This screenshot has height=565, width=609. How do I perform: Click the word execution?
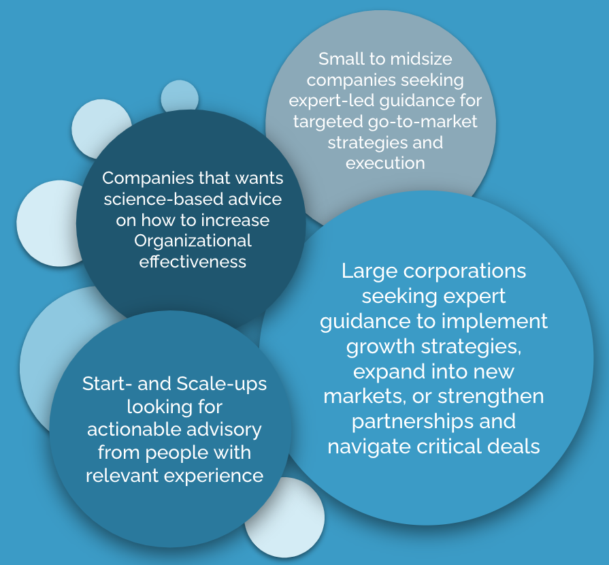(385, 163)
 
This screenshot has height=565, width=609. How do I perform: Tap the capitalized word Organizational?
(193, 242)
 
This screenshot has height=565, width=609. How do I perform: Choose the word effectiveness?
(193, 262)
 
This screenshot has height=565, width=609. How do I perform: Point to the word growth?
(381, 346)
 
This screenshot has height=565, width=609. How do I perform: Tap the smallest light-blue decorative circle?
(180, 97)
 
